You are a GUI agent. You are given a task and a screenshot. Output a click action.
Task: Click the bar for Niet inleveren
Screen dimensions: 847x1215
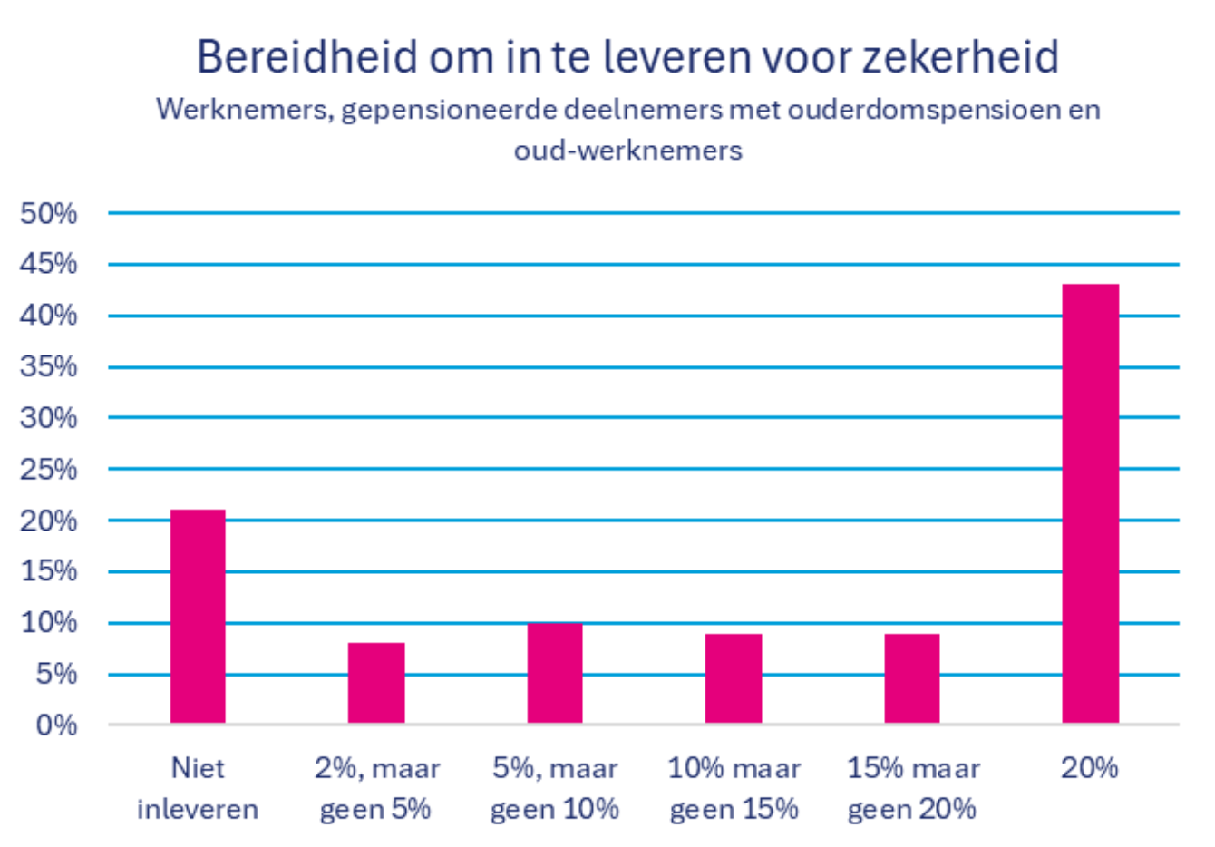[198, 617]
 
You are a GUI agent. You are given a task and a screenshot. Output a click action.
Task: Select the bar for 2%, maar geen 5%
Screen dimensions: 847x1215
[376, 683]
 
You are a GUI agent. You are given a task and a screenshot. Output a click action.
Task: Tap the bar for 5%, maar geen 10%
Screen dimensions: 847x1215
[555, 673]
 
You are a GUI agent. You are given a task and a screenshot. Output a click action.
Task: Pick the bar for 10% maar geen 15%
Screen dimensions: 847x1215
[734, 678]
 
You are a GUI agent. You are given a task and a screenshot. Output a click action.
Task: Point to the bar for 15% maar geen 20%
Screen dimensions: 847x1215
[912, 678]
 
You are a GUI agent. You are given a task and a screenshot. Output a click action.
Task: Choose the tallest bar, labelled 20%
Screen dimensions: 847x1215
[1091, 503]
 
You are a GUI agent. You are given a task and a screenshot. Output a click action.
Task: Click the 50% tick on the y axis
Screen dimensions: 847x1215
[49, 214]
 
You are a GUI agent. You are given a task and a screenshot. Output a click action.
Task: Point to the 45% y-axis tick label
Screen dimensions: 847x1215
[49, 264]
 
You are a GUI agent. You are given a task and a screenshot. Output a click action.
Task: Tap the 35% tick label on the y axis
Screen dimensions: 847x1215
[49, 366]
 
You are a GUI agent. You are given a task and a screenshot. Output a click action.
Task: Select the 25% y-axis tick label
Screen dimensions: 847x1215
[49, 469]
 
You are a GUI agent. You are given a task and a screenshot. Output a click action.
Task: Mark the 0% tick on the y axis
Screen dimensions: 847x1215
[56, 725]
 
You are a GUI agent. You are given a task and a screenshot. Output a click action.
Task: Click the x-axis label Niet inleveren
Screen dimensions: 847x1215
[198, 788]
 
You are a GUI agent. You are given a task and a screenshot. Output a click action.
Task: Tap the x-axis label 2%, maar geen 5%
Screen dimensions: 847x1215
[376, 788]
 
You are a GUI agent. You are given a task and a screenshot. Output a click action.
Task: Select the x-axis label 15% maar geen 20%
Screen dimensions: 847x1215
[912, 788]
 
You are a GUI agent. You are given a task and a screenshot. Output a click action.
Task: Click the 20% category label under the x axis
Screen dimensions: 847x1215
[1090, 768]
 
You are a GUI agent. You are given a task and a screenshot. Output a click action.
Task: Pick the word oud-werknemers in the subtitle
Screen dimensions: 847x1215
[627, 150]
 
